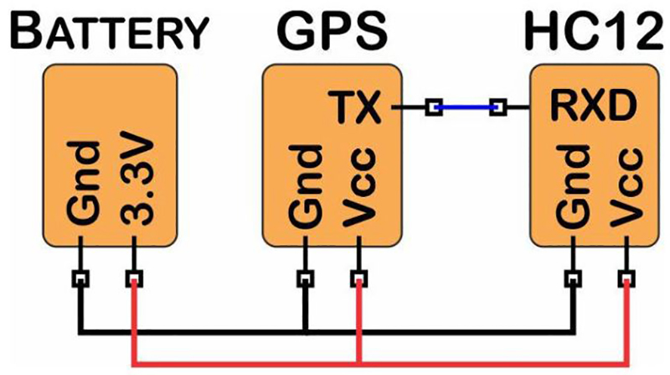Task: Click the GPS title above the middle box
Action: (x=332, y=33)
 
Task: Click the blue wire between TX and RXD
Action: (x=466, y=107)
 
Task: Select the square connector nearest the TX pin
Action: (x=433, y=107)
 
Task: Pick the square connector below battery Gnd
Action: (x=81, y=277)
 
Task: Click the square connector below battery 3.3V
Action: (x=133, y=277)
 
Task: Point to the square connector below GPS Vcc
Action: (x=358, y=277)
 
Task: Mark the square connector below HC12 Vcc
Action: (x=626, y=277)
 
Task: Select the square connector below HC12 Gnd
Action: (x=574, y=277)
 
